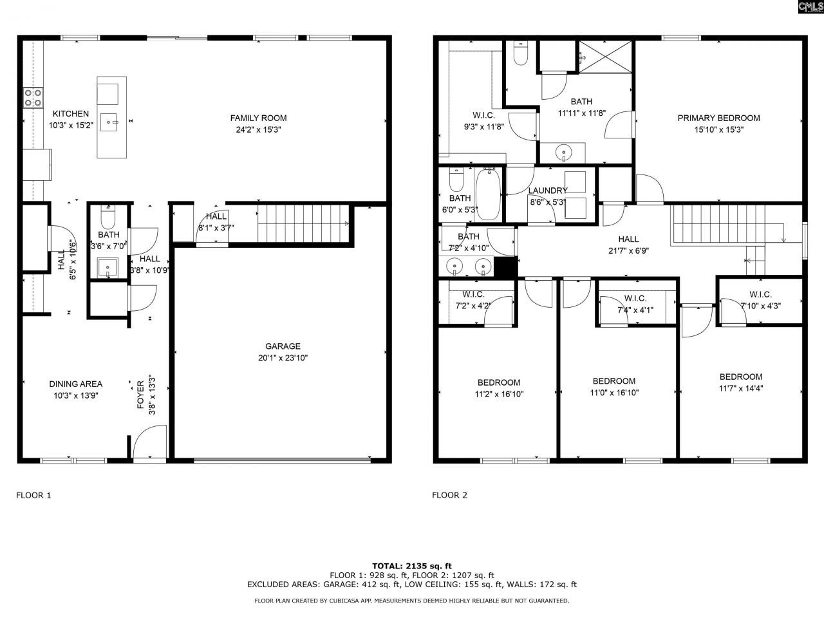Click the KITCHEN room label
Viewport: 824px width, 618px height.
coord(71,114)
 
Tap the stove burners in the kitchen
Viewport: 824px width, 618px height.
coord(33,97)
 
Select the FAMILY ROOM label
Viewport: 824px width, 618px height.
coord(258,118)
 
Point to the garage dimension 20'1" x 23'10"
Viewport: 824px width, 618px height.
coord(283,358)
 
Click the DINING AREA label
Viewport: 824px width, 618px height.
coord(76,384)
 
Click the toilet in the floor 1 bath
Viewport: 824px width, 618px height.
coord(108,218)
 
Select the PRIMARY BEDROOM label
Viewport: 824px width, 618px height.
coord(718,118)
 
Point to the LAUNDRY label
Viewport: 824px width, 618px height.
coord(548,191)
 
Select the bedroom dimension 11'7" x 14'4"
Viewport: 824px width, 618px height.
coord(740,388)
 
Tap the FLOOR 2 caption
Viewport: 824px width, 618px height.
coord(449,495)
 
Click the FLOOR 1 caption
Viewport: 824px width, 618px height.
coord(33,495)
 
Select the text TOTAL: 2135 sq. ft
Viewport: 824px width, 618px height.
coord(412,565)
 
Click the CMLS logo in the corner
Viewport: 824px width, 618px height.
coord(810,7)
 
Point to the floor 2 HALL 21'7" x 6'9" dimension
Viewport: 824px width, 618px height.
coord(628,251)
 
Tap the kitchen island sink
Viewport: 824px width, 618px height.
coord(112,120)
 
